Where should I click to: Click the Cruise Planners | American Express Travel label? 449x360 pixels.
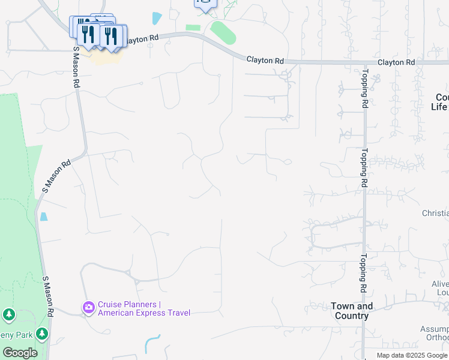tap(143, 308)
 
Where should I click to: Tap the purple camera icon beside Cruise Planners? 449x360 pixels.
tap(89, 308)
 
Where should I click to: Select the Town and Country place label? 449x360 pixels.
tap(352, 311)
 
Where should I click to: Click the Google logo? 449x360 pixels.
tap(20, 353)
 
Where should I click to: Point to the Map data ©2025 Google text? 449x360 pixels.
tap(412, 355)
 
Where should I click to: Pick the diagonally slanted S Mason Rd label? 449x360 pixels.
tap(57, 175)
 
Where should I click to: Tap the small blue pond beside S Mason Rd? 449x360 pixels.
tap(43, 217)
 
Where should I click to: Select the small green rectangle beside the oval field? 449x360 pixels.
tap(193, 28)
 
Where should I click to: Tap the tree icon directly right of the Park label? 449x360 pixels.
tap(41, 333)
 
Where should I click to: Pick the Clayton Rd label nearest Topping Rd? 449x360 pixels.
tap(396, 62)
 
